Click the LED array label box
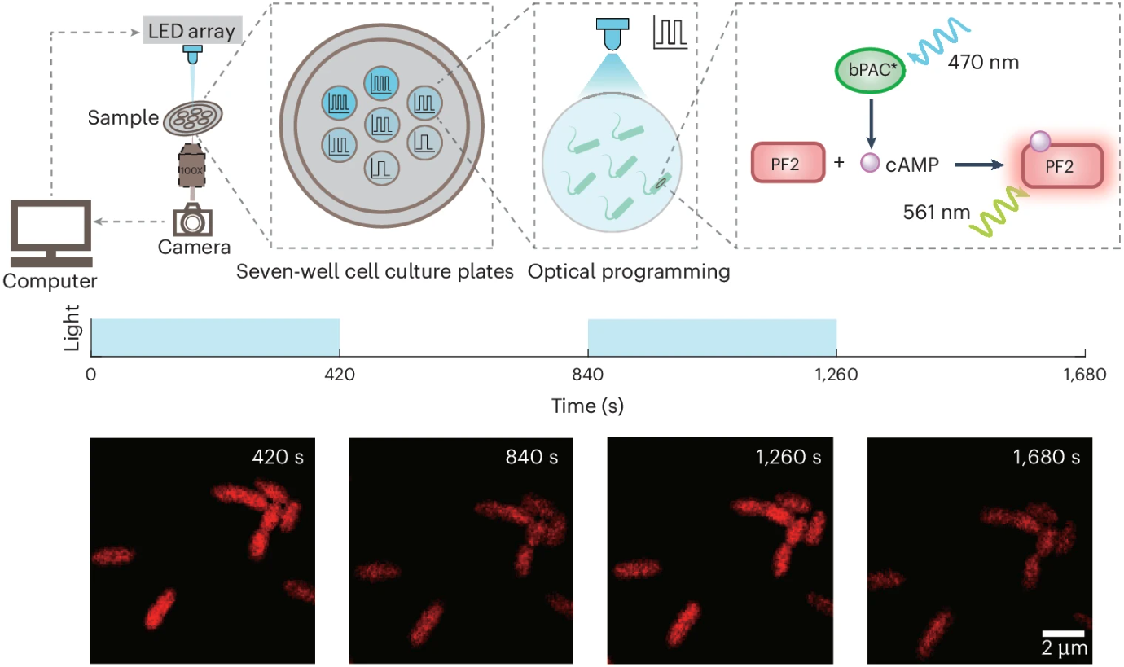click(x=191, y=33)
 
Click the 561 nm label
click(x=937, y=213)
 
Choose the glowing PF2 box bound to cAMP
click(x=1066, y=165)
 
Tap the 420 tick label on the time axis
click(x=339, y=375)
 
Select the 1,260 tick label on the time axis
click(x=836, y=375)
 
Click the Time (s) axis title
click(x=587, y=405)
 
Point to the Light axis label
click(x=72, y=336)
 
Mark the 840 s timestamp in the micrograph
click(x=531, y=457)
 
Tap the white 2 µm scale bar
click(x=1064, y=632)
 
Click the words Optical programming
click(x=628, y=272)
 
